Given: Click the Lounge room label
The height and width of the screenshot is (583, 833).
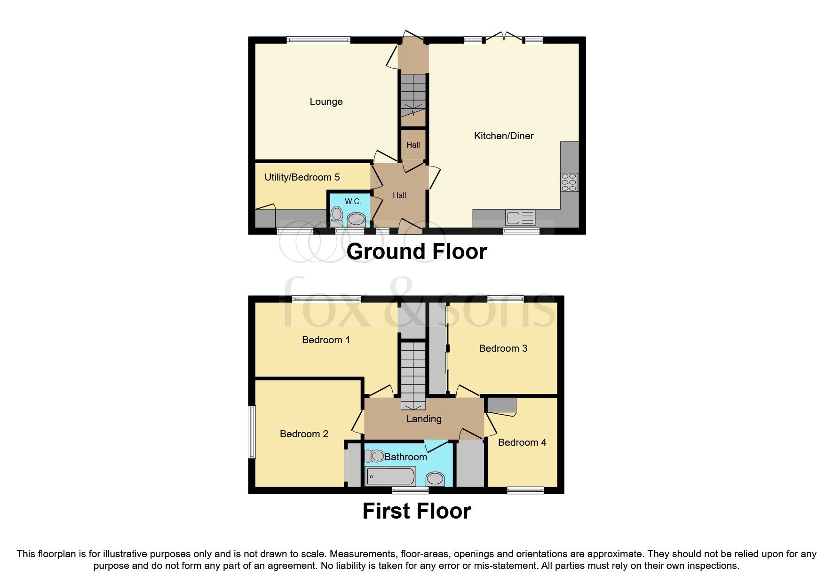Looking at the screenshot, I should click(326, 102).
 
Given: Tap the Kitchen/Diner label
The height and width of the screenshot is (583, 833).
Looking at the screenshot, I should click(503, 136).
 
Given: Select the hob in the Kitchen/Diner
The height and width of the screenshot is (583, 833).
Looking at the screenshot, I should click(569, 182).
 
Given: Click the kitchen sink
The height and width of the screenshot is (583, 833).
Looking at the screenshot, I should click(520, 217).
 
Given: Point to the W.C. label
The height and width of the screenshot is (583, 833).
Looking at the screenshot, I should click(353, 201).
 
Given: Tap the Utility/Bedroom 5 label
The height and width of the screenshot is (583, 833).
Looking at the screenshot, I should click(301, 177).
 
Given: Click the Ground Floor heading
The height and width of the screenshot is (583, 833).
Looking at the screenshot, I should click(416, 252).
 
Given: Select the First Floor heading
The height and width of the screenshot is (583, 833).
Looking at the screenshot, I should click(416, 511).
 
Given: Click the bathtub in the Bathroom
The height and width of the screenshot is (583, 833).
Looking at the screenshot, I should click(390, 476).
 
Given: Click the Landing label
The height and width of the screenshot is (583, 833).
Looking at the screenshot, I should click(424, 419).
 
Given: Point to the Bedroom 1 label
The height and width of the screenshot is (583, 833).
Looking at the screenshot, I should click(325, 340).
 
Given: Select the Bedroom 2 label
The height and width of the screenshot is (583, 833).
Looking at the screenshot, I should click(304, 434).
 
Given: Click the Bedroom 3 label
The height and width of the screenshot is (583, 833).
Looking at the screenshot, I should click(503, 348).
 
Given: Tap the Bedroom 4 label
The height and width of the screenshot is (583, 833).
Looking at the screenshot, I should click(522, 442).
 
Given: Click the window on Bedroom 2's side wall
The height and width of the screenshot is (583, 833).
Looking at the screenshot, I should click(252, 432).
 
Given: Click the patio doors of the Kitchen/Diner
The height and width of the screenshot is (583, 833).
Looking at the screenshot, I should click(503, 38).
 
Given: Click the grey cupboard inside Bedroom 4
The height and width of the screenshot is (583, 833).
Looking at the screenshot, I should click(501, 405).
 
